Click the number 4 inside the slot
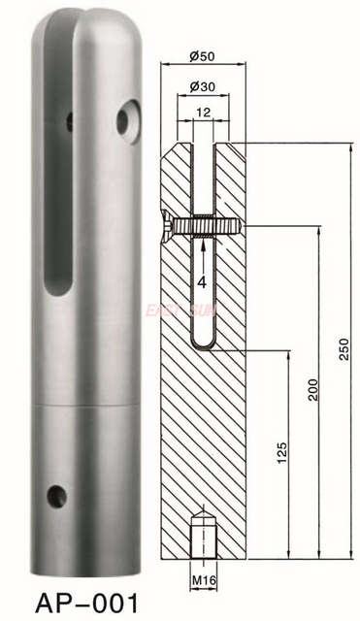(x=201, y=282)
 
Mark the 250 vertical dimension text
(x=343, y=354)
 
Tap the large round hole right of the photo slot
(x=127, y=121)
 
